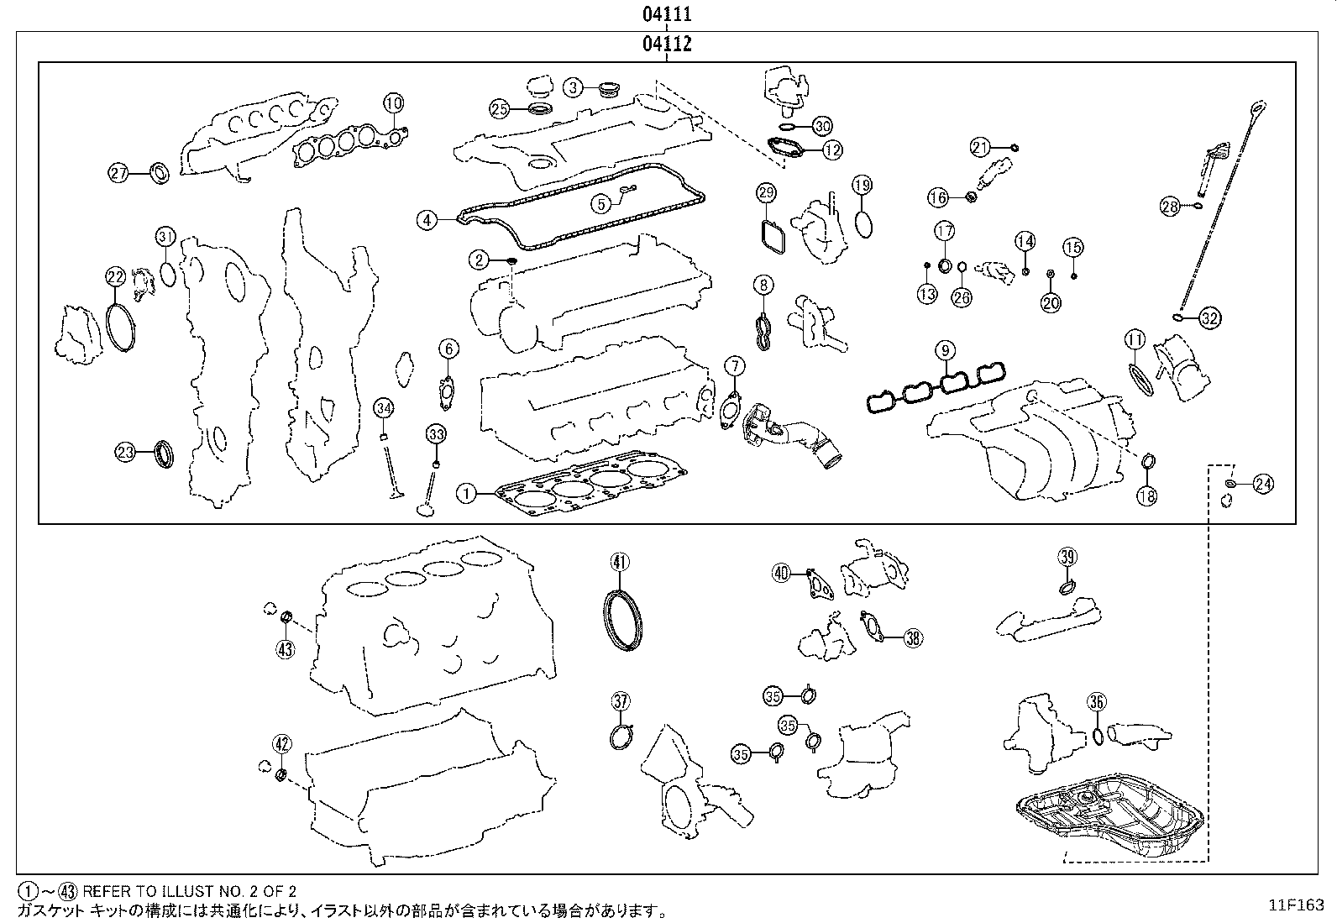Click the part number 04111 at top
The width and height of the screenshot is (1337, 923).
pyautogui.click(x=667, y=14)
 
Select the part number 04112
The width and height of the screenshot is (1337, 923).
pyautogui.click(x=667, y=44)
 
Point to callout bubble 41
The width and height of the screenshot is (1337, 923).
pyautogui.click(x=619, y=562)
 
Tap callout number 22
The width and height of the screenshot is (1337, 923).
pyautogui.click(x=115, y=276)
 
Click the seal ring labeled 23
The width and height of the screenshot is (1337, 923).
pyautogui.click(x=165, y=454)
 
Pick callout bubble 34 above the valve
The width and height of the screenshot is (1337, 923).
pyautogui.click(x=384, y=409)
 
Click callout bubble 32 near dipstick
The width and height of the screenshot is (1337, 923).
pyautogui.click(x=1209, y=317)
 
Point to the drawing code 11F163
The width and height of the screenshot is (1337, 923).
pyautogui.click(x=1296, y=905)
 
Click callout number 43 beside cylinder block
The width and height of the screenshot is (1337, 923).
pyautogui.click(x=286, y=648)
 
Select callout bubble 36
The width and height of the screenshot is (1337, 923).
pyautogui.click(x=1096, y=702)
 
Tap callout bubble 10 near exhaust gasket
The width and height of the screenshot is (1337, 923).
pyautogui.click(x=394, y=103)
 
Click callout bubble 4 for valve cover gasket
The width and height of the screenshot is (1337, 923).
pyautogui.click(x=427, y=220)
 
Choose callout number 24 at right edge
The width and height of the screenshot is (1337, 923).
pyautogui.click(x=1262, y=483)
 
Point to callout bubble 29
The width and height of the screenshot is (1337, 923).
pyautogui.click(x=765, y=193)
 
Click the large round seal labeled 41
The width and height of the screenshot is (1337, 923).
pyautogui.click(x=622, y=620)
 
